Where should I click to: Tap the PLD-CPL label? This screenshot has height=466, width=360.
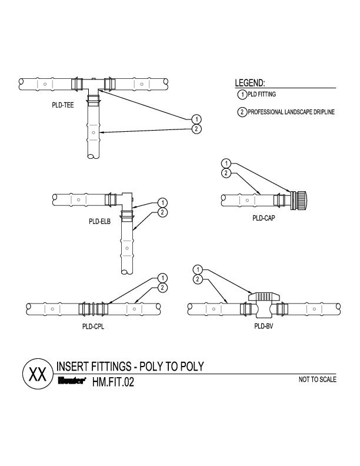coord(94,326)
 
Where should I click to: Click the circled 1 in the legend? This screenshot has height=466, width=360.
coord(241,94)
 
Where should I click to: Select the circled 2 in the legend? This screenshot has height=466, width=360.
coord(241,112)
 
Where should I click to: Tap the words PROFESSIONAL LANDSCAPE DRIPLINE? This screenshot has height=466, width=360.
coord(291,112)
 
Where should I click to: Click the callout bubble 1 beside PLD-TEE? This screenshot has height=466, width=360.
coord(196,120)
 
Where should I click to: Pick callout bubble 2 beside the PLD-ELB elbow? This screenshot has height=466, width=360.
coord(163,212)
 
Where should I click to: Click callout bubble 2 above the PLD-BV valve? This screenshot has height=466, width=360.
coord(198,278)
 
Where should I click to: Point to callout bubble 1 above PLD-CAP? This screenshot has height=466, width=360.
coord(225,163)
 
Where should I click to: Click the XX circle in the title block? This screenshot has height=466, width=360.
coord(37,375)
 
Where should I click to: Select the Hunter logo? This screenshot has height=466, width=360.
coord(72,382)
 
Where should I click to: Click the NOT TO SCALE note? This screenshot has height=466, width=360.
coord(318,380)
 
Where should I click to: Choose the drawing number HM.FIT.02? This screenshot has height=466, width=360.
coord(114,382)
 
